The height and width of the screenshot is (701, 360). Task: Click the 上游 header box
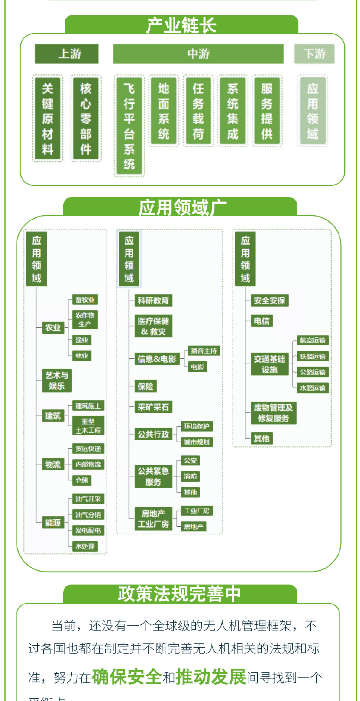(x=67, y=54)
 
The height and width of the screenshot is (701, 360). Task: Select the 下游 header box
(x=314, y=54)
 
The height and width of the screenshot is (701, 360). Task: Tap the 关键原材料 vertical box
(x=47, y=118)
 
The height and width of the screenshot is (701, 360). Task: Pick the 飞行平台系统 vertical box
(x=129, y=126)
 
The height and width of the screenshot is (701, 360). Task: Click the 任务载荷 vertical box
(x=198, y=111)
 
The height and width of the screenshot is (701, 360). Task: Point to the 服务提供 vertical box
(x=267, y=111)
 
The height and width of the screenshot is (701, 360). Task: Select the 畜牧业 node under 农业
(x=85, y=300)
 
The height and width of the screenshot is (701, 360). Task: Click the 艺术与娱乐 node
(x=57, y=380)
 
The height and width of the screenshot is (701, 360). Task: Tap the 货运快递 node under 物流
(x=88, y=449)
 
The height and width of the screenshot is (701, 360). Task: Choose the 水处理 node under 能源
(x=85, y=546)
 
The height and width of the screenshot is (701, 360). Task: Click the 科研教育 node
(x=153, y=300)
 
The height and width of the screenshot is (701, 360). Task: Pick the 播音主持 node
(x=204, y=351)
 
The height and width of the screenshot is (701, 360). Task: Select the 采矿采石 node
(x=153, y=407)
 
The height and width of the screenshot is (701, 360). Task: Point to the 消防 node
(x=190, y=476)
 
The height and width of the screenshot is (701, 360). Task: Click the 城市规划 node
(x=197, y=442)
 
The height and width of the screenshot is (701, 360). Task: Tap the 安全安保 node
(x=269, y=300)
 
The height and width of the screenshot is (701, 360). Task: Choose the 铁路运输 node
(x=313, y=356)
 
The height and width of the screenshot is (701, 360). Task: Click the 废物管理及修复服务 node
(x=273, y=413)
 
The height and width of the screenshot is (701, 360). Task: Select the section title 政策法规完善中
(x=180, y=594)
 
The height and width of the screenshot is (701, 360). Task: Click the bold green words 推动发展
(x=211, y=677)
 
